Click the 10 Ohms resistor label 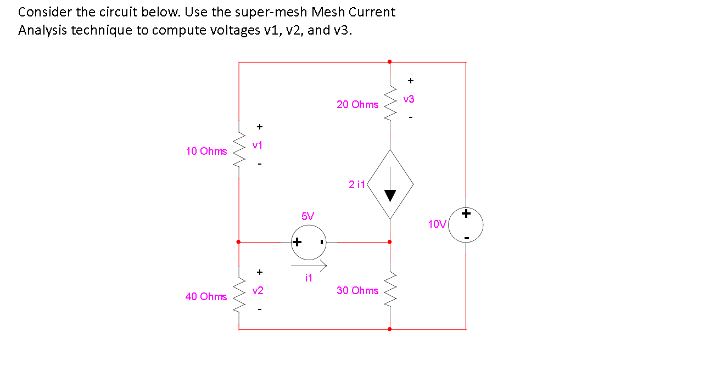pyautogui.click(x=206, y=151)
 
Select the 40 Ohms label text pyautogui.click(x=206, y=296)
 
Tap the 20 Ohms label pyautogui.click(x=357, y=104)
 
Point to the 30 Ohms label pyautogui.click(x=357, y=290)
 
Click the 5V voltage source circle pyautogui.click(x=309, y=242)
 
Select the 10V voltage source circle pyautogui.click(x=466, y=224)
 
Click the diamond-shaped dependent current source pyautogui.click(x=390, y=184)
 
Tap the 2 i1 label pyautogui.click(x=357, y=185)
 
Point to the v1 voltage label pyautogui.click(x=258, y=145)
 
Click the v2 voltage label pyautogui.click(x=258, y=290)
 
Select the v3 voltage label pyautogui.click(x=409, y=99)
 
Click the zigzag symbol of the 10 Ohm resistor pyautogui.click(x=239, y=151)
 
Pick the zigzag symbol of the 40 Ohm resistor pyautogui.click(x=239, y=296)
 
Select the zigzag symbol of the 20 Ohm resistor pyautogui.click(x=390, y=104)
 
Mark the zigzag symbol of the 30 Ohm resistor pyautogui.click(x=390, y=290)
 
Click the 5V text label pyautogui.click(x=308, y=216)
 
